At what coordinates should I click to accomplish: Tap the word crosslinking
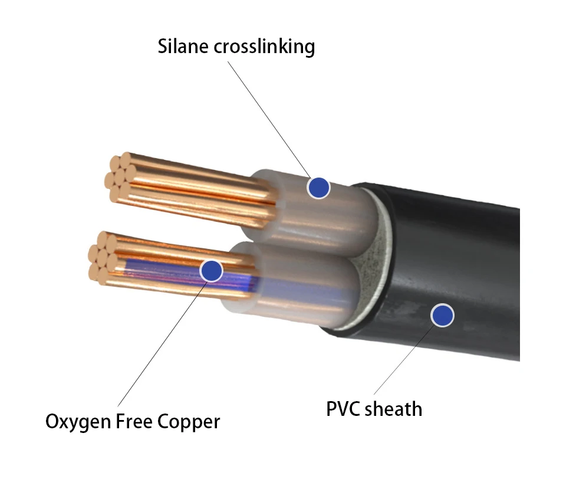[265, 47]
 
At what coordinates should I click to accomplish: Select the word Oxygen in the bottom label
[78, 422]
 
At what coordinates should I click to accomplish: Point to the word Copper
[189, 422]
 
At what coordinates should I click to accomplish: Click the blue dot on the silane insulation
[318, 188]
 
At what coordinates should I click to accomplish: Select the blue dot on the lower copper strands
[211, 271]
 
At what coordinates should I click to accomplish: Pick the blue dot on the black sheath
[442, 316]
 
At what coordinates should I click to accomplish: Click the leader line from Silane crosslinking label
[269, 120]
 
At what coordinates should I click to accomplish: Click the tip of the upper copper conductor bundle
[120, 178]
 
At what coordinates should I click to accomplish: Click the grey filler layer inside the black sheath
[370, 265]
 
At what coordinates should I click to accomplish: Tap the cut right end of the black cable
[519, 284]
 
